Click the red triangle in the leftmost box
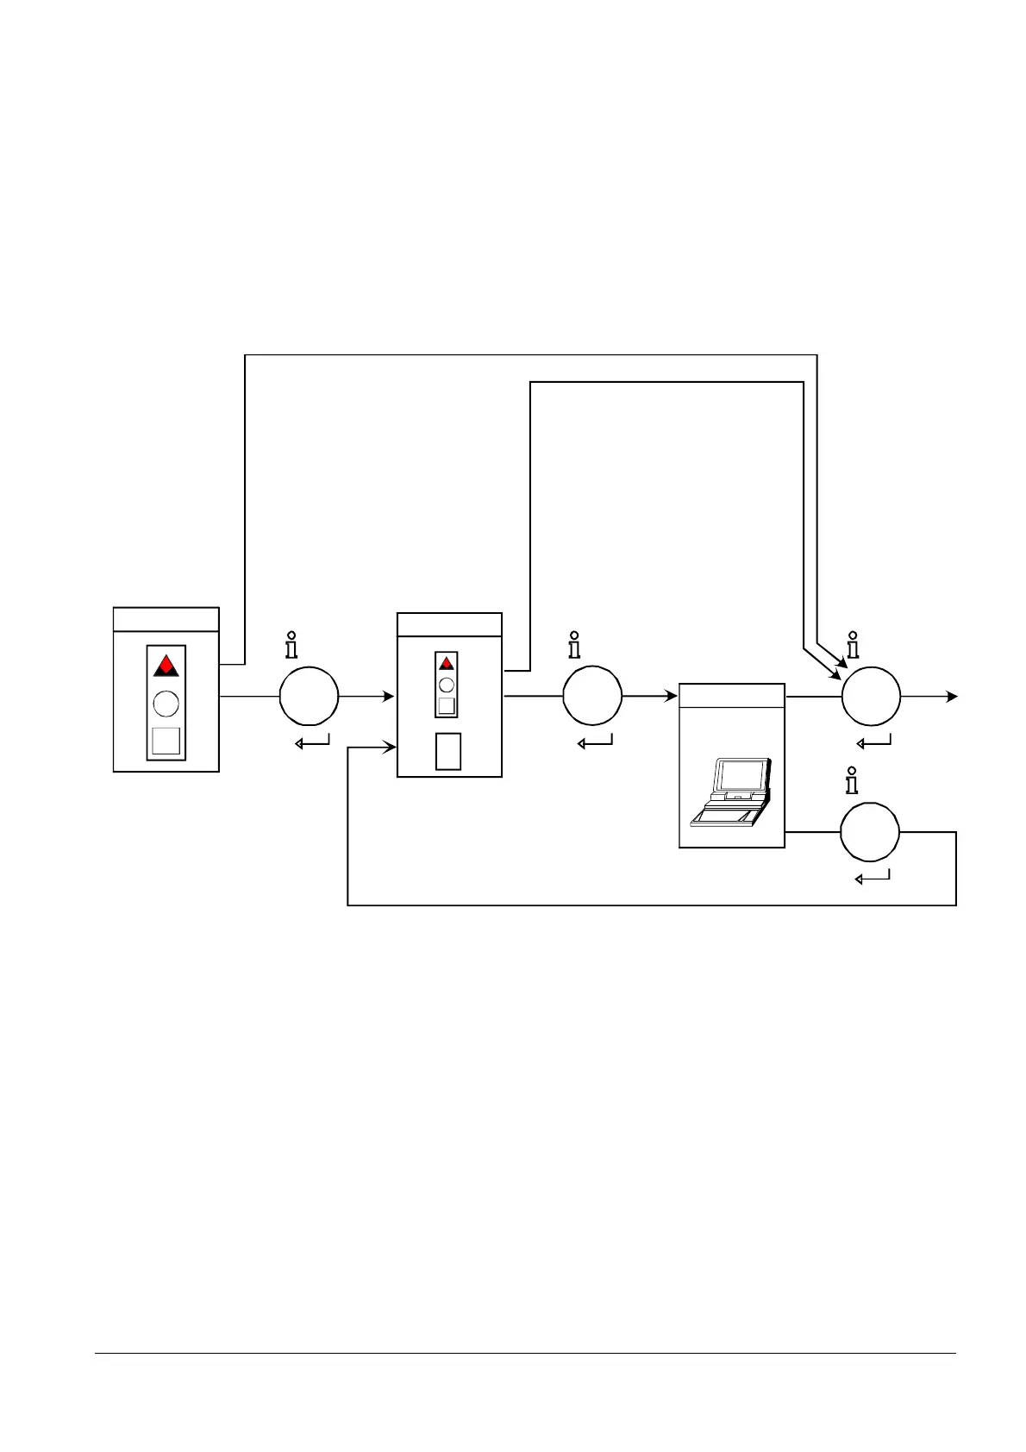166,666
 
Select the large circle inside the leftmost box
166,704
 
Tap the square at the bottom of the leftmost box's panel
166,741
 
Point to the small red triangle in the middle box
447,663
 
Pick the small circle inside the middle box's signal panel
447,685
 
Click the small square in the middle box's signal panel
447,704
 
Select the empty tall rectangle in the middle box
448,751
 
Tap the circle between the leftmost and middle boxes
309,696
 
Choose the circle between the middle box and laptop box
592,696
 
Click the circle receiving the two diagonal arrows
871,696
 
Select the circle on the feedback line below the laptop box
870,832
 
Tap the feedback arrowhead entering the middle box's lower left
391,748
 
